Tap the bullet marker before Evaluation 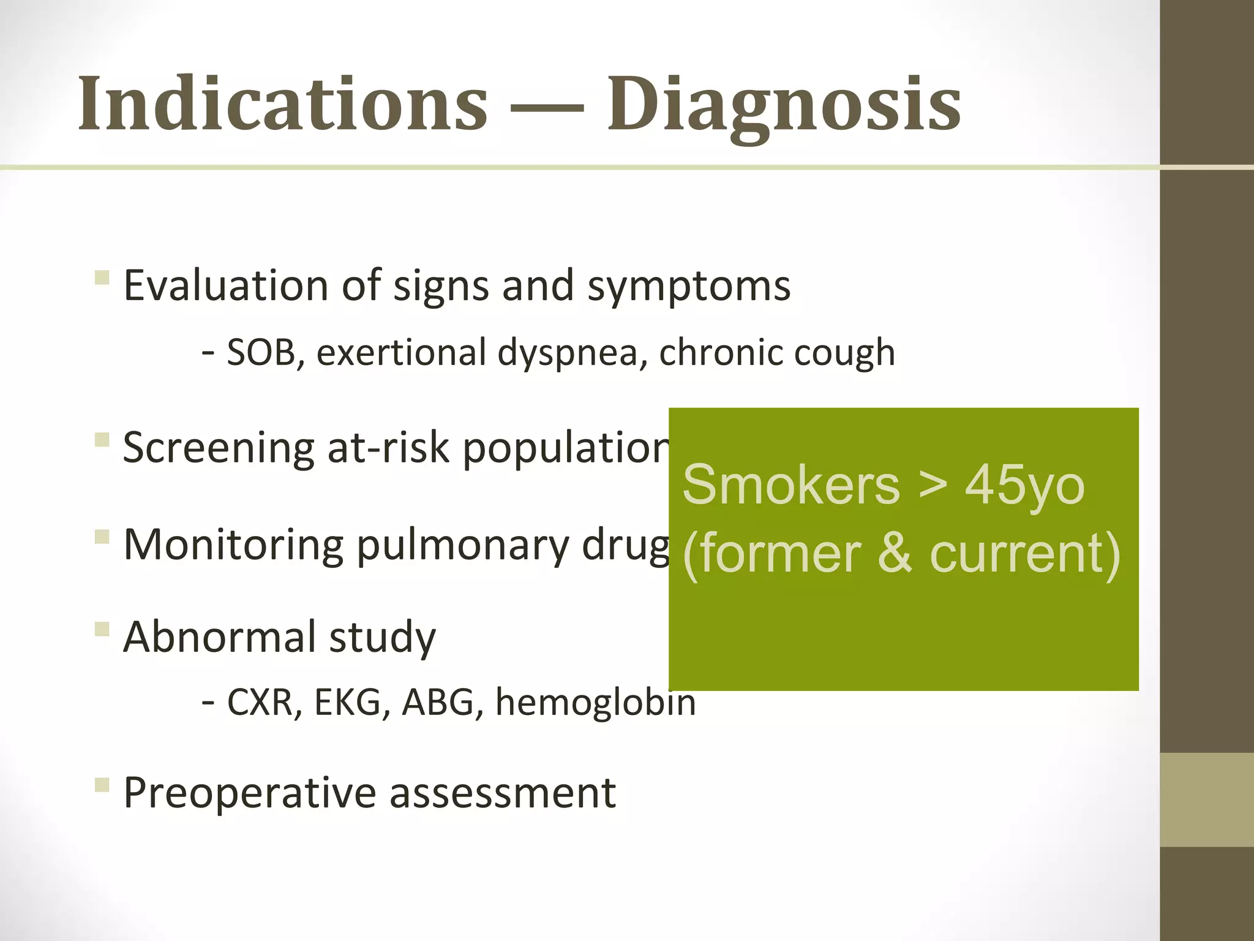(x=102, y=279)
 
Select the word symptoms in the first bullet (x=689, y=287)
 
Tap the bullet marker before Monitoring (x=102, y=537)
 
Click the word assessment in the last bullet (x=503, y=793)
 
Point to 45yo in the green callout (x=1024, y=486)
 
